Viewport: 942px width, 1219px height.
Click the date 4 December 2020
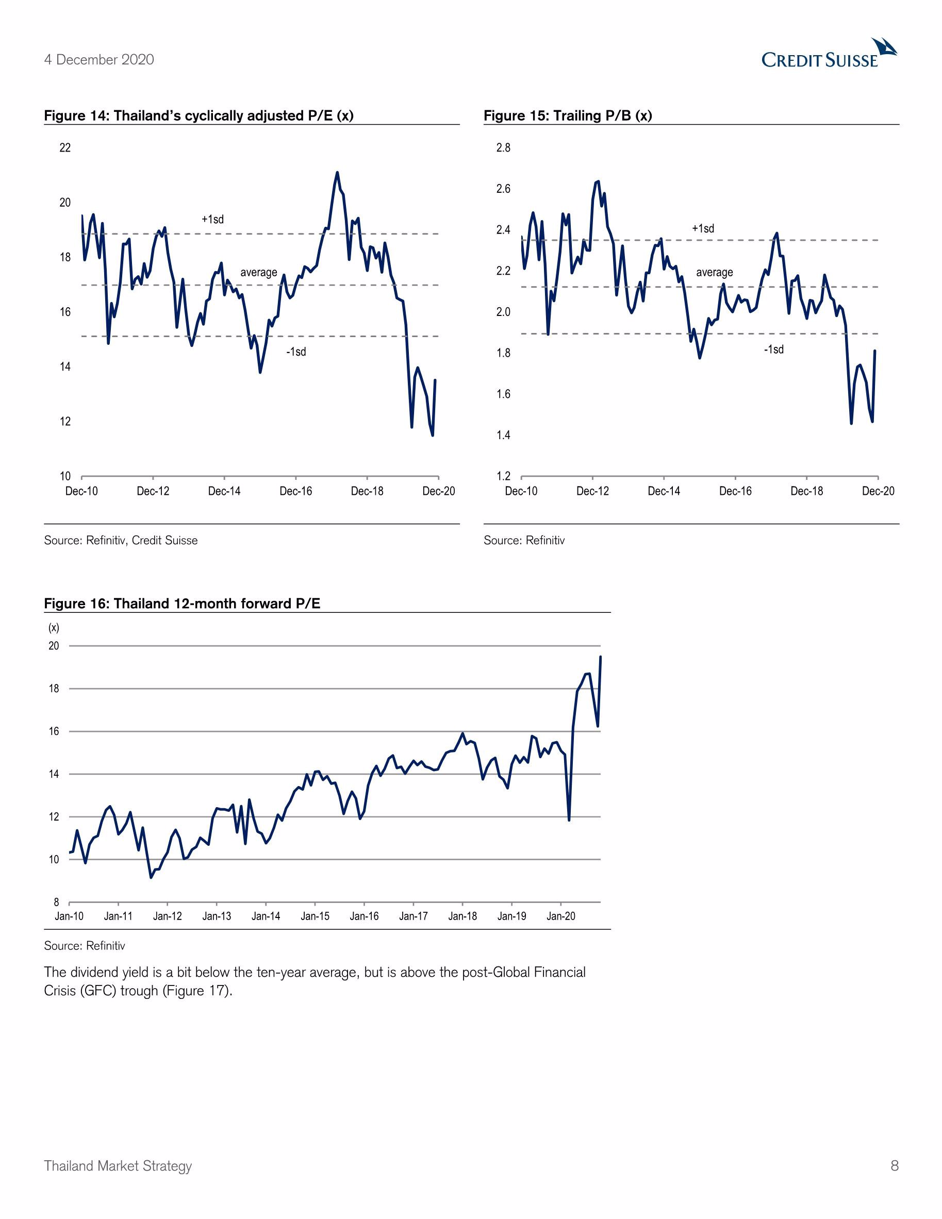point(99,60)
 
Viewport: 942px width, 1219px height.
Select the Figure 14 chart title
point(199,115)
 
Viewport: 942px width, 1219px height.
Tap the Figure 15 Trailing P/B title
point(568,115)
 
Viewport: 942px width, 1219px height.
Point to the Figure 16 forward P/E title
point(182,604)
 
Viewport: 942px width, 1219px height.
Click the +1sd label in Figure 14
point(213,220)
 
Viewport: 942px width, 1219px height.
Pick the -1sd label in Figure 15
point(773,349)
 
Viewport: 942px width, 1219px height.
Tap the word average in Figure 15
point(714,272)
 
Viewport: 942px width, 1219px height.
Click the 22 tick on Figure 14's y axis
point(65,148)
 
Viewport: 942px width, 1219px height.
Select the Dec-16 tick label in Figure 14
point(295,491)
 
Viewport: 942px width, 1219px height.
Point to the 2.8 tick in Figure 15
point(503,148)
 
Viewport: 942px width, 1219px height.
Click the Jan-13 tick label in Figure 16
point(217,916)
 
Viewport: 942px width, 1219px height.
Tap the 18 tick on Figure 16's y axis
point(54,689)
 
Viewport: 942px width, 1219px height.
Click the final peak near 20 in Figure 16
point(600,657)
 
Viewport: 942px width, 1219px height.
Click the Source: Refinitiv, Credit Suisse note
point(121,540)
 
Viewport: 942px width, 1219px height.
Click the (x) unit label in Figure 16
point(54,628)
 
